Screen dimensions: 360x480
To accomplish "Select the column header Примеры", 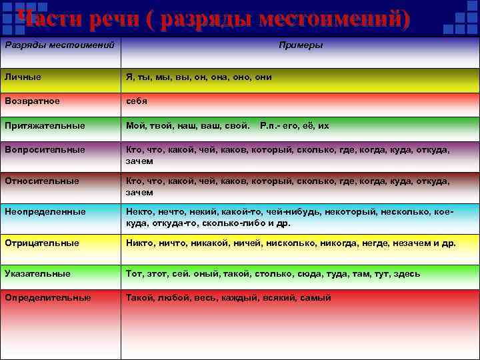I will tap(300, 45).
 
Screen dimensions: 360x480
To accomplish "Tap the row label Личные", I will tap(22, 77).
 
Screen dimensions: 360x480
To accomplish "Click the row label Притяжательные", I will tap(44, 125).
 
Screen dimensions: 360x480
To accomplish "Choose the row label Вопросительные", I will tap(44, 150).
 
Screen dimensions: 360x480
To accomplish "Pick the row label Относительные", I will tap(41, 181).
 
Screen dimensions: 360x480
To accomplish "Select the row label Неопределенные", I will tap(45, 211).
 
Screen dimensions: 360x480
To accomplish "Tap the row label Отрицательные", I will tap(41, 243).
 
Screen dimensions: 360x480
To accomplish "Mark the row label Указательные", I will tap(37, 273).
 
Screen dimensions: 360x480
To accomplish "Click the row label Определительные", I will tap(47, 297).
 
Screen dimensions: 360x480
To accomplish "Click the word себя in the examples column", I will tap(137, 101).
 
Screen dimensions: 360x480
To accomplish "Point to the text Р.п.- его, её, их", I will tap(294, 125).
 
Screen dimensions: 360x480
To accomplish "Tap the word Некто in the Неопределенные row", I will tap(139, 211).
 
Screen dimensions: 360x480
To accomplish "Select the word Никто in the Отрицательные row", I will tap(139, 243).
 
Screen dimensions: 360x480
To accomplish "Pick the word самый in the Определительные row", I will tap(315, 297).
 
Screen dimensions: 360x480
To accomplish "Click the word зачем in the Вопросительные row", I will tap(140, 161).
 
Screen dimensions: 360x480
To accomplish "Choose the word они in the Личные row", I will tap(263, 77).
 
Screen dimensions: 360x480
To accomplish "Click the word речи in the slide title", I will tap(107, 19).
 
